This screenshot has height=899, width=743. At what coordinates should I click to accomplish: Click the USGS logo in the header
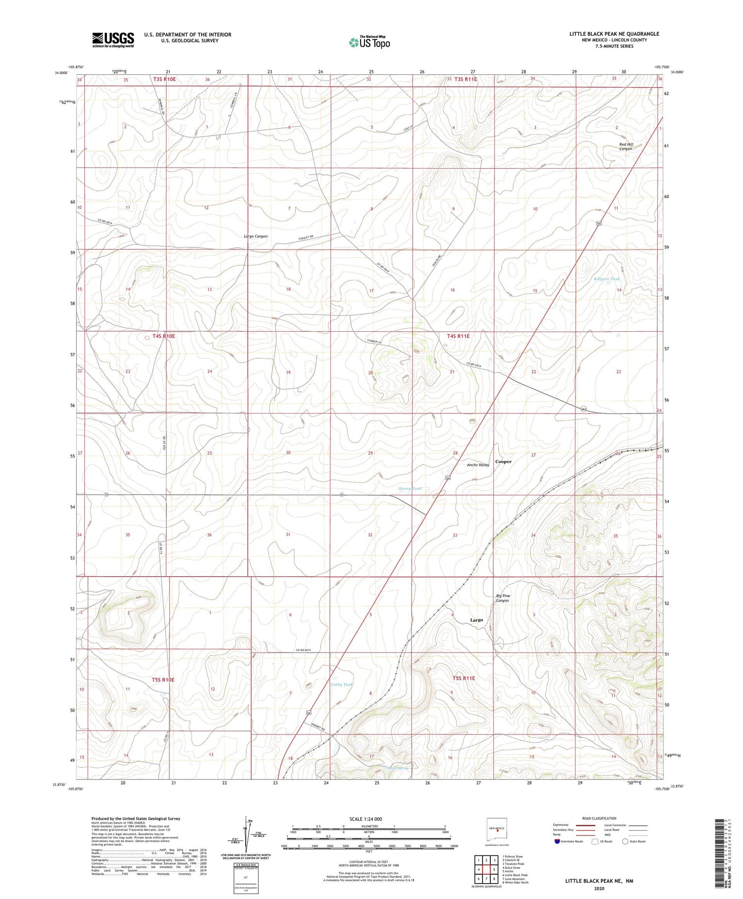pyautogui.click(x=113, y=40)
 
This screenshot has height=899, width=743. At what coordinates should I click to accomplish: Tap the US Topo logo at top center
pyautogui.click(x=370, y=43)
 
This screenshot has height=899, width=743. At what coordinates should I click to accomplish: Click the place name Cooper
pyautogui.click(x=503, y=462)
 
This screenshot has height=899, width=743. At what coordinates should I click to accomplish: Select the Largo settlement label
pyautogui.click(x=476, y=620)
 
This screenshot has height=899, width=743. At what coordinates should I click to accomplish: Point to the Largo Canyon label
pyautogui.click(x=256, y=237)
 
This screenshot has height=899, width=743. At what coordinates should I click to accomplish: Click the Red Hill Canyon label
pyautogui.click(x=626, y=147)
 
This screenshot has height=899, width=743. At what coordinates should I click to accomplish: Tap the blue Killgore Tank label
pyautogui.click(x=606, y=279)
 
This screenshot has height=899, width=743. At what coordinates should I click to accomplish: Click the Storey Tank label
pyautogui.click(x=410, y=488)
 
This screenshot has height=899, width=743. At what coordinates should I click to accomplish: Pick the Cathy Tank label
pyautogui.click(x=342, y=684)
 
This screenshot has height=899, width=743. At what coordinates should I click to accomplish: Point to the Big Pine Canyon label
pyautogui.click(x=503, y=598)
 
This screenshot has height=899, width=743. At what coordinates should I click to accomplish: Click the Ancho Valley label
pyautogui.click(x=478, y=465)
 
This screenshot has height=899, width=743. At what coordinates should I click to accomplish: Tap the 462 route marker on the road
pyautogui.click(x=584, y=409)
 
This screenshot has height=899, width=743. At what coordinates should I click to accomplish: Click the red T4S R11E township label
pyautogui.click(x=458, y=336)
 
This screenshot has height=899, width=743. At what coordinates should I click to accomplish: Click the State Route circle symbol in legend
pyautogui.click(x=625, y=841)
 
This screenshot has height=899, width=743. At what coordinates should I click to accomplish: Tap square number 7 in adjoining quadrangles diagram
pyautogui.click(x=486, y=879)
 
